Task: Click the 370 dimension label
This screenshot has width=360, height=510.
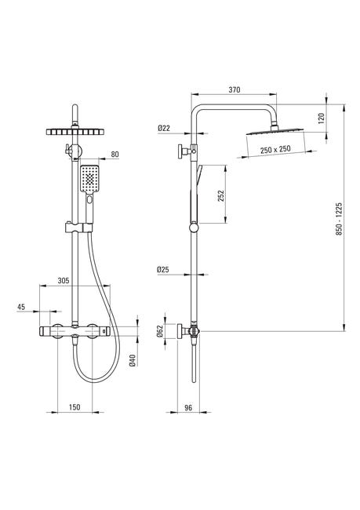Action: coord(235,89)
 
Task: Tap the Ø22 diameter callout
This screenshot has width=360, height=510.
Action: coord(164,128)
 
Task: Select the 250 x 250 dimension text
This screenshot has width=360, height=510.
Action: coord(275,150)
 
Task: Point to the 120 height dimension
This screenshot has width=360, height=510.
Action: coord(322,118)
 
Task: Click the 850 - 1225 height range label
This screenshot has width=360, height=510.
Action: coord(339,219)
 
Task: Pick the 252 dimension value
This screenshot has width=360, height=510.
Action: coord(221,196)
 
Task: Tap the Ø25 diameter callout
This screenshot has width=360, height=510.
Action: coord(163,269)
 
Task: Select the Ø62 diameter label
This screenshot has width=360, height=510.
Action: coord(160,331)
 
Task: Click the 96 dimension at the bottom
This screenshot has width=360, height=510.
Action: coord(188,407)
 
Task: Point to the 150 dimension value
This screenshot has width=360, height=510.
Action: coord(75,407)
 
